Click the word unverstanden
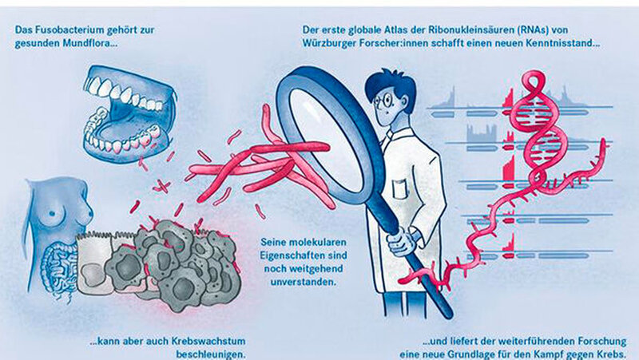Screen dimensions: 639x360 (304, 282)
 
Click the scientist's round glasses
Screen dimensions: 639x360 (387, 98)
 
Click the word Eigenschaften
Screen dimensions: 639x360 (304, 255)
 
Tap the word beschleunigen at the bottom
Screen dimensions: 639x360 (211, 354)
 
